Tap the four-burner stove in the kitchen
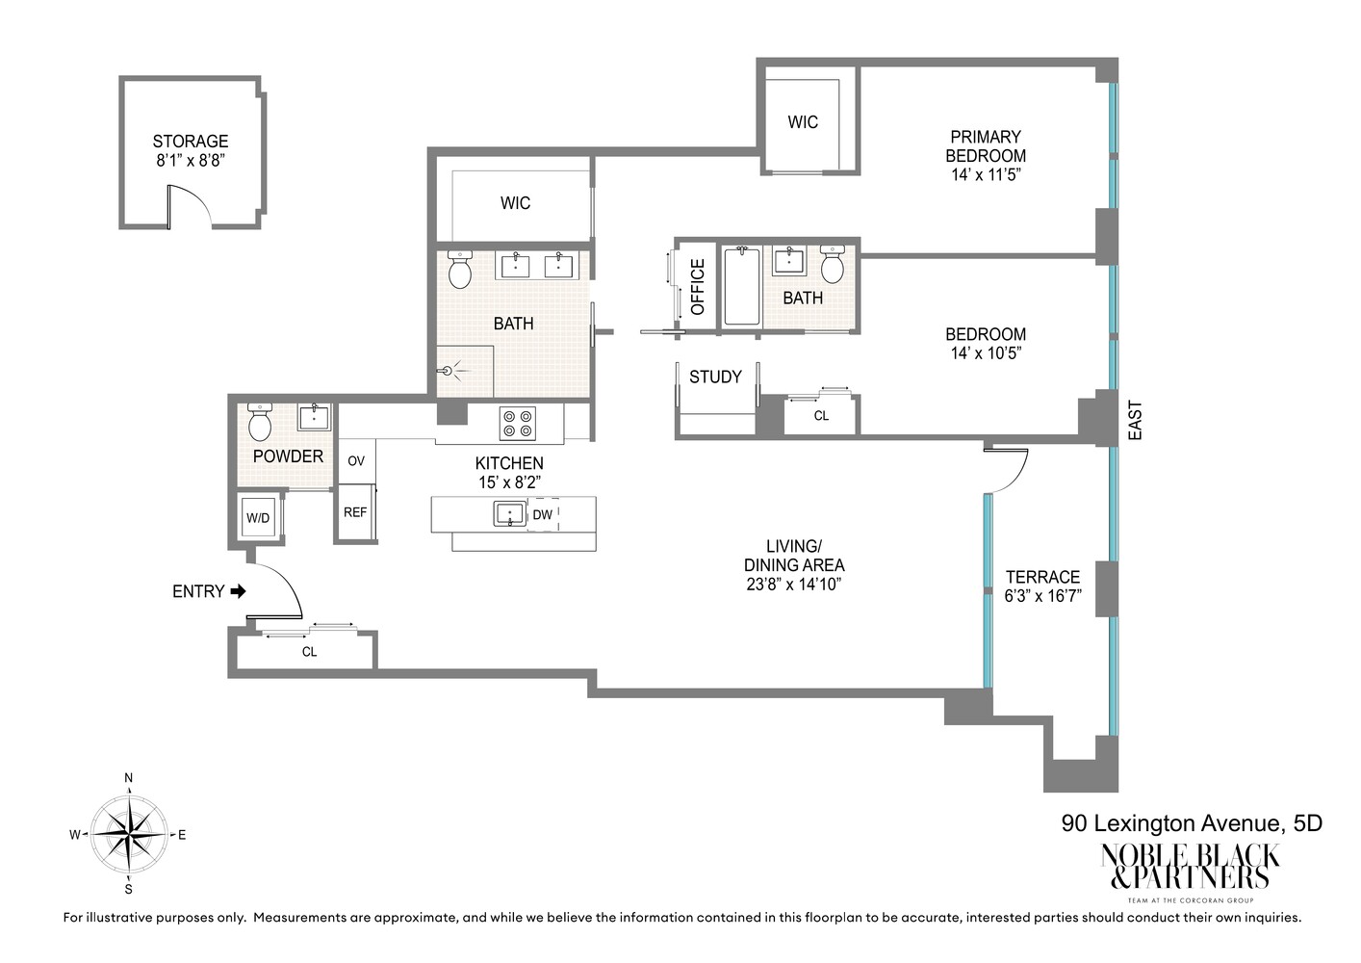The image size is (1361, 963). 517,424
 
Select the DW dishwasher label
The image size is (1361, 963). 543,514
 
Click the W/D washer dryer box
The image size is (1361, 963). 258,518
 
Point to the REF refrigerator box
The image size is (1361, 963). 355,512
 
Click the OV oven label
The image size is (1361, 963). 356,461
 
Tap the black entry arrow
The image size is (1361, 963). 238,591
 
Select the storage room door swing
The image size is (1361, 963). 190,204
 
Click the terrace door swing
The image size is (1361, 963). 1011,470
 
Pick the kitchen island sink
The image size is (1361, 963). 509,513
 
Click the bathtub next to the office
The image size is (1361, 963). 741,286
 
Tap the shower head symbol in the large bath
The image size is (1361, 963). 447,370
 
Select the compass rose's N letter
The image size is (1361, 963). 128,778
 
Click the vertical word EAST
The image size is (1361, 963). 1135,421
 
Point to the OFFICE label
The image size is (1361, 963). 698,286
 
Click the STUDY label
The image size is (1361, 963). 715,377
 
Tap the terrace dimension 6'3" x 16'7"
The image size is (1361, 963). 1042,596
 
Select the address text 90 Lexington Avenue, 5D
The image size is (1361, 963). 1192,823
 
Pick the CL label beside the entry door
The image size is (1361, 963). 309,652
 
